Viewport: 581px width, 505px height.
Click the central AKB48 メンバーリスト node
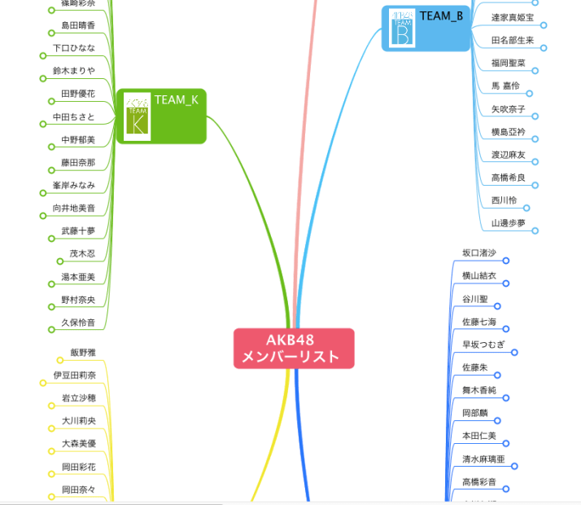(294, 348)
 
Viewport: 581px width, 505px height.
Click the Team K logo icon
(137, 116)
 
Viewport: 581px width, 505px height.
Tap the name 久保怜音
(78, 323)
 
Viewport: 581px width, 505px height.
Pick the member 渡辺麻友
(509, 155)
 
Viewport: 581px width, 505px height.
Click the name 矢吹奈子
(509, 109)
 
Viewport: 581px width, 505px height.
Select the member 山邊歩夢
(509, 223)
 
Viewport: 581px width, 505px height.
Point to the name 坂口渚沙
(478, 253)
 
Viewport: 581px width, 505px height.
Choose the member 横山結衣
(478, 276)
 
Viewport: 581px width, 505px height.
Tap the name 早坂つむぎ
(483, 345)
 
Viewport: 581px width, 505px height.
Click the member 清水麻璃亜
(483, 459)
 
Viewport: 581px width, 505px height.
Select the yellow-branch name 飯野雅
(83, 353)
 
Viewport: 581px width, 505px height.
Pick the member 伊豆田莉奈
(75, 375)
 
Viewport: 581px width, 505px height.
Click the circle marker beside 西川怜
(526, 208)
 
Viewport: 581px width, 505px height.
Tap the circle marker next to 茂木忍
(60, 261)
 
